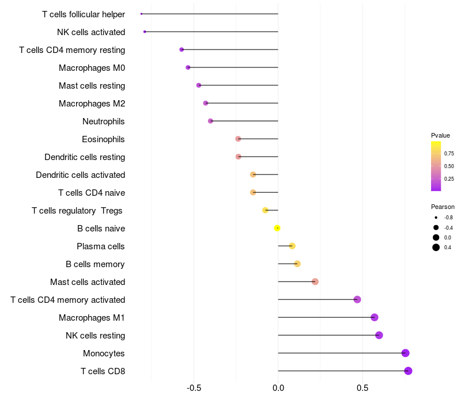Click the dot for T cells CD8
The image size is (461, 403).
(408, 371)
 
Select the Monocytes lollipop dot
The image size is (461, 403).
(405, 353)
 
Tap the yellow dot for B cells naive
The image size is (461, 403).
(277, 228)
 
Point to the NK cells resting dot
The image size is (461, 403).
(379, 335)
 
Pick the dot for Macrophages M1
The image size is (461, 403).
(375, 317)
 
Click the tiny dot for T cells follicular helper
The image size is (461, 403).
(141, 14)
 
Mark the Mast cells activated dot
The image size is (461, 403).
(315, 282)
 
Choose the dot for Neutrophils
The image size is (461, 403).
(210, 121)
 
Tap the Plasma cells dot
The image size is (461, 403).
(292, 246)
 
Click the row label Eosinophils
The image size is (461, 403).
(103, 139)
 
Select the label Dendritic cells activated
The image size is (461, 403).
(80, 175)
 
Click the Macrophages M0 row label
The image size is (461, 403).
(92, 68)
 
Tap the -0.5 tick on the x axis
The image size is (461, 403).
(194, 388)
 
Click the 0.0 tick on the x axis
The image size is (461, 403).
(278, 388)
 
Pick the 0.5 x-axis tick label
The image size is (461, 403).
(362, 388)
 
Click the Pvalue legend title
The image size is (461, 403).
(440, 135)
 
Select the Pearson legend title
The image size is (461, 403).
(443, 207)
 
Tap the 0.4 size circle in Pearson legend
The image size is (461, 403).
(436, 248)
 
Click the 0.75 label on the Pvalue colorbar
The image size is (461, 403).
(449, 154)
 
